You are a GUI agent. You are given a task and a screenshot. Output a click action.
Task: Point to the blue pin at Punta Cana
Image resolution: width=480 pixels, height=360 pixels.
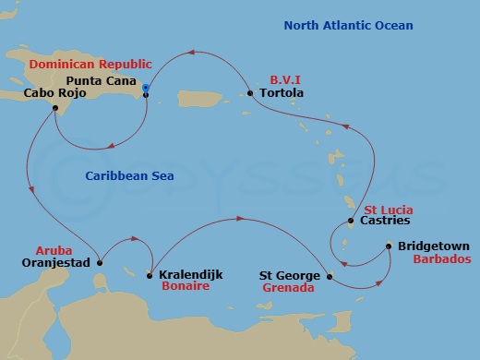tap(146, 89)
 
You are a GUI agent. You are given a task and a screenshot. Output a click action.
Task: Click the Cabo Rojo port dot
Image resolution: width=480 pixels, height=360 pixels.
tap(55, 108)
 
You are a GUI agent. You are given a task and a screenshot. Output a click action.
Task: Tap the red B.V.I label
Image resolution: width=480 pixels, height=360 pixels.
tap(283, 79)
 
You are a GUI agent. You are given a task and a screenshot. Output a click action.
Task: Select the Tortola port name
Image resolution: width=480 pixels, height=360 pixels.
tap(282, 93)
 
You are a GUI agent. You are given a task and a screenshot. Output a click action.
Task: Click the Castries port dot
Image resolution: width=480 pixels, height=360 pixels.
tap(351, 221)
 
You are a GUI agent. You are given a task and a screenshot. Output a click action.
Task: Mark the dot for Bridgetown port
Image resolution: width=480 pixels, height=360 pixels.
tap(389, 246)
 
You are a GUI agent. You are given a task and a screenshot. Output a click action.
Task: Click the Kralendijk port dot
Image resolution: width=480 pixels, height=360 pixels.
tap(150, 275)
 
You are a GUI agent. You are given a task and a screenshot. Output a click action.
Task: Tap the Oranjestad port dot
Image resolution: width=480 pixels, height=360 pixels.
tap(100, 262)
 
